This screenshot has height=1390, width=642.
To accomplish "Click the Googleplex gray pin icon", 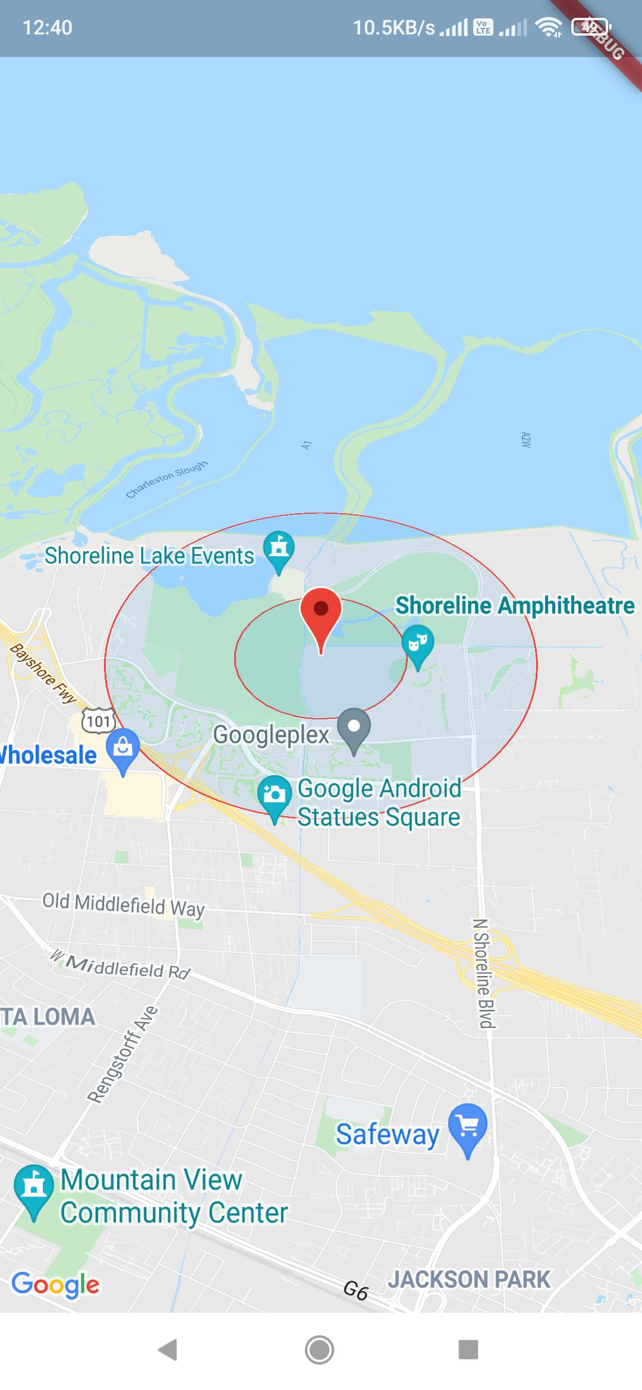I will [354, 728].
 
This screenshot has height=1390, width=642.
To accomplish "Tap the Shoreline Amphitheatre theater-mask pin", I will [418, 645].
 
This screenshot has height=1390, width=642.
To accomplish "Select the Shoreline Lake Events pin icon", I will [279, 549].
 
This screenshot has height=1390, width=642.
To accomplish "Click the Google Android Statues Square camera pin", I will [275, 796].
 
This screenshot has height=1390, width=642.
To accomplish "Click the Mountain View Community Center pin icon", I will [34, 1188].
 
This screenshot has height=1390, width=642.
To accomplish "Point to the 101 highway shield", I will [99, 721].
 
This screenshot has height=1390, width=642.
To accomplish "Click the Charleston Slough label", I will [166, 479].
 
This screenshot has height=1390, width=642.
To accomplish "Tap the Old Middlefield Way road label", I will [123, 904].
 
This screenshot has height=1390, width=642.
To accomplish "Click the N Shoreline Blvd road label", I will [482, 972].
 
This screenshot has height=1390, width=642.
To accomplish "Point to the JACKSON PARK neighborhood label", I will [469, 1280].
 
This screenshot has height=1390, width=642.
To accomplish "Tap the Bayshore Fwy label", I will [43, 673].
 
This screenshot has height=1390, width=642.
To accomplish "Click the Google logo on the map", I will [56, 1284].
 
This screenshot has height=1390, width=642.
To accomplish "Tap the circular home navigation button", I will [320, 1350].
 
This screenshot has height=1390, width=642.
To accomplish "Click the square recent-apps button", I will [468, 1350].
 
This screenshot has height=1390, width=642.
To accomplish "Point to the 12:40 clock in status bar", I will [48, 27].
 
